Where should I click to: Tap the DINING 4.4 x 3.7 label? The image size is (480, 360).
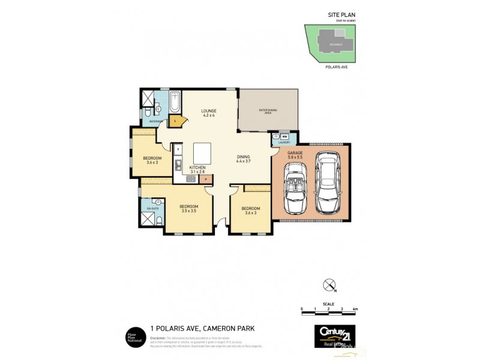247,158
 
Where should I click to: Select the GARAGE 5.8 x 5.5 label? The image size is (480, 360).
295,155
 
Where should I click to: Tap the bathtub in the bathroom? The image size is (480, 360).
174,103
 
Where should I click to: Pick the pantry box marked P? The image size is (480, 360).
206,178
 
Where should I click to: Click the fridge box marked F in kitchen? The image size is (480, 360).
178,148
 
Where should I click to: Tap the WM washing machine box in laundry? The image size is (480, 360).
285,137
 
